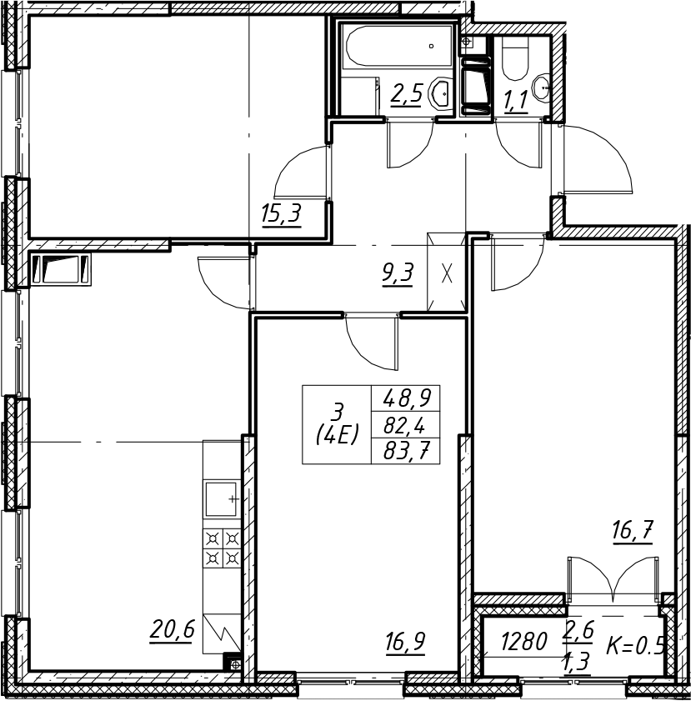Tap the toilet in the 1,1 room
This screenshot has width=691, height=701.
(x=515, y=58)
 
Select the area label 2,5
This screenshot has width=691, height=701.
(x=406, y=95)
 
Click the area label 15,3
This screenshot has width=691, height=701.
(x=282, y=214)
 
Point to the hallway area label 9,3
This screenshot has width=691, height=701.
(x=398, y=273)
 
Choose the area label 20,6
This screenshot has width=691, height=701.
(x=172, y=631)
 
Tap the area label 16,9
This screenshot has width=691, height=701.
(x=405, y=643)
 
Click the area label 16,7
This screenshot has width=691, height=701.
(x=633, y=532)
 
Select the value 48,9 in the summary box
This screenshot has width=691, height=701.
(x=406, y=398)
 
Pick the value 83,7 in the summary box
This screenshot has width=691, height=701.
(x=406, y=453)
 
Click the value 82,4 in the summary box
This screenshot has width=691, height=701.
(x=404, y=427)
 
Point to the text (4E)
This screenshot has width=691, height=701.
(x=337, y=433)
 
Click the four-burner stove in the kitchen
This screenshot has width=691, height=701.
(x=223, y=548)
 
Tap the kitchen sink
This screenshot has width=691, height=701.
(x=222, y=498)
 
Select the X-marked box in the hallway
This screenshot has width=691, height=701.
(x=447, y=272)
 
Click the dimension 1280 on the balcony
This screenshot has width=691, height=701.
(x=523, y=642)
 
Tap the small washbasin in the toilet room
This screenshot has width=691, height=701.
(x=541, y=87)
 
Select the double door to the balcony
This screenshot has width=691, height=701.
(x=614, y=579)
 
